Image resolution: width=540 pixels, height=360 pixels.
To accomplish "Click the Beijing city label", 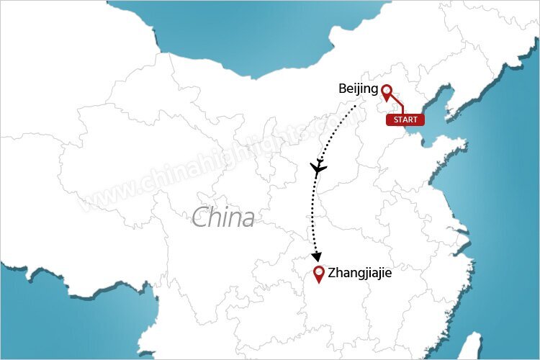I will coord(358,89).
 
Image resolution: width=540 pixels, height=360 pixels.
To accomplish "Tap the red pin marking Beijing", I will coord(387,93).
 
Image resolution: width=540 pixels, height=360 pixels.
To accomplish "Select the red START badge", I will coord(405,120).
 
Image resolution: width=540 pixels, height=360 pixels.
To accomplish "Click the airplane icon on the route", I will coord(318,169).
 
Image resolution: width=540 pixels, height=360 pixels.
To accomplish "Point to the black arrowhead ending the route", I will coord(316,256).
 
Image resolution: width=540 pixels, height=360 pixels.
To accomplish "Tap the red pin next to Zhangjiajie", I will coord(319,274).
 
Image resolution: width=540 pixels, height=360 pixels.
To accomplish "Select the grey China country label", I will coord(223,217).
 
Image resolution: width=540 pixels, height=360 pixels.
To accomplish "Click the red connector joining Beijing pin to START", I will coord(398,107).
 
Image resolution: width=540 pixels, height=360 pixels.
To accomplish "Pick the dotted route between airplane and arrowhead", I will coord(314,216).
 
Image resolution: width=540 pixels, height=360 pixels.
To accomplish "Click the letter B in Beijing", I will coord(342,89).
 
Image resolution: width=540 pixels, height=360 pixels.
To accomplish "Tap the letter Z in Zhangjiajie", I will coord(331,274).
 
